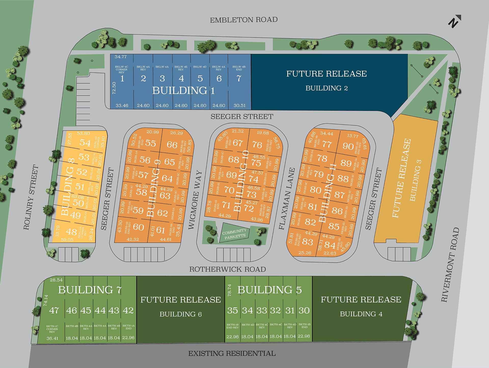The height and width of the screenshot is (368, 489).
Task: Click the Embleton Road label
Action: click(x=243, y=20)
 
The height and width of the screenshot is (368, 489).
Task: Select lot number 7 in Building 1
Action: click(x=239, y=78)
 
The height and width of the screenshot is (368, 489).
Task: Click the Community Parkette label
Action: click(x=235, y=234)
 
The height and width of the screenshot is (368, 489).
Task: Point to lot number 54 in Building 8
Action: click(x=85, y=143)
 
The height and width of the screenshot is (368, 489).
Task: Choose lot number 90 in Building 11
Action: click(x=348, y=146)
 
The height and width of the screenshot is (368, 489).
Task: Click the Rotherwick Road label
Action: click(x=227, y=269)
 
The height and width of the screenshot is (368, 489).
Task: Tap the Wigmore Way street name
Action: click(x=195, y=200)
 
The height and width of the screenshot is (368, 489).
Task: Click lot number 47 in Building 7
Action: click(x=54, y=310)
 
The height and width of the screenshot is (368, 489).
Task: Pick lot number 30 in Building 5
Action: click(x=304, y=310)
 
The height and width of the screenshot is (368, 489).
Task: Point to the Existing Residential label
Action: click(x=232, y=354)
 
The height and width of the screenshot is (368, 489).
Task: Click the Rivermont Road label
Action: click(x=450, y=264)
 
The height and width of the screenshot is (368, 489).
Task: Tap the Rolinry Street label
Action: click(x=31, y=197)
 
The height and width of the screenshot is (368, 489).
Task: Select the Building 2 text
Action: click(x=327, y=88)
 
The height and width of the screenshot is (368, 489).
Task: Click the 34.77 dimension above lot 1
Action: click(x=120, y=57)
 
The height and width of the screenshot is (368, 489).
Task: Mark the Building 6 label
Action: click(x=181, y=314)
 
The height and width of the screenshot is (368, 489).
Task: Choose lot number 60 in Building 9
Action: click(x=138, y=227)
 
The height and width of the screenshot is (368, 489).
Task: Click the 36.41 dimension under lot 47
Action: click(x=52, y=338)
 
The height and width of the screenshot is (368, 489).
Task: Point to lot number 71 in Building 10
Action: click(x=226, y=205)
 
